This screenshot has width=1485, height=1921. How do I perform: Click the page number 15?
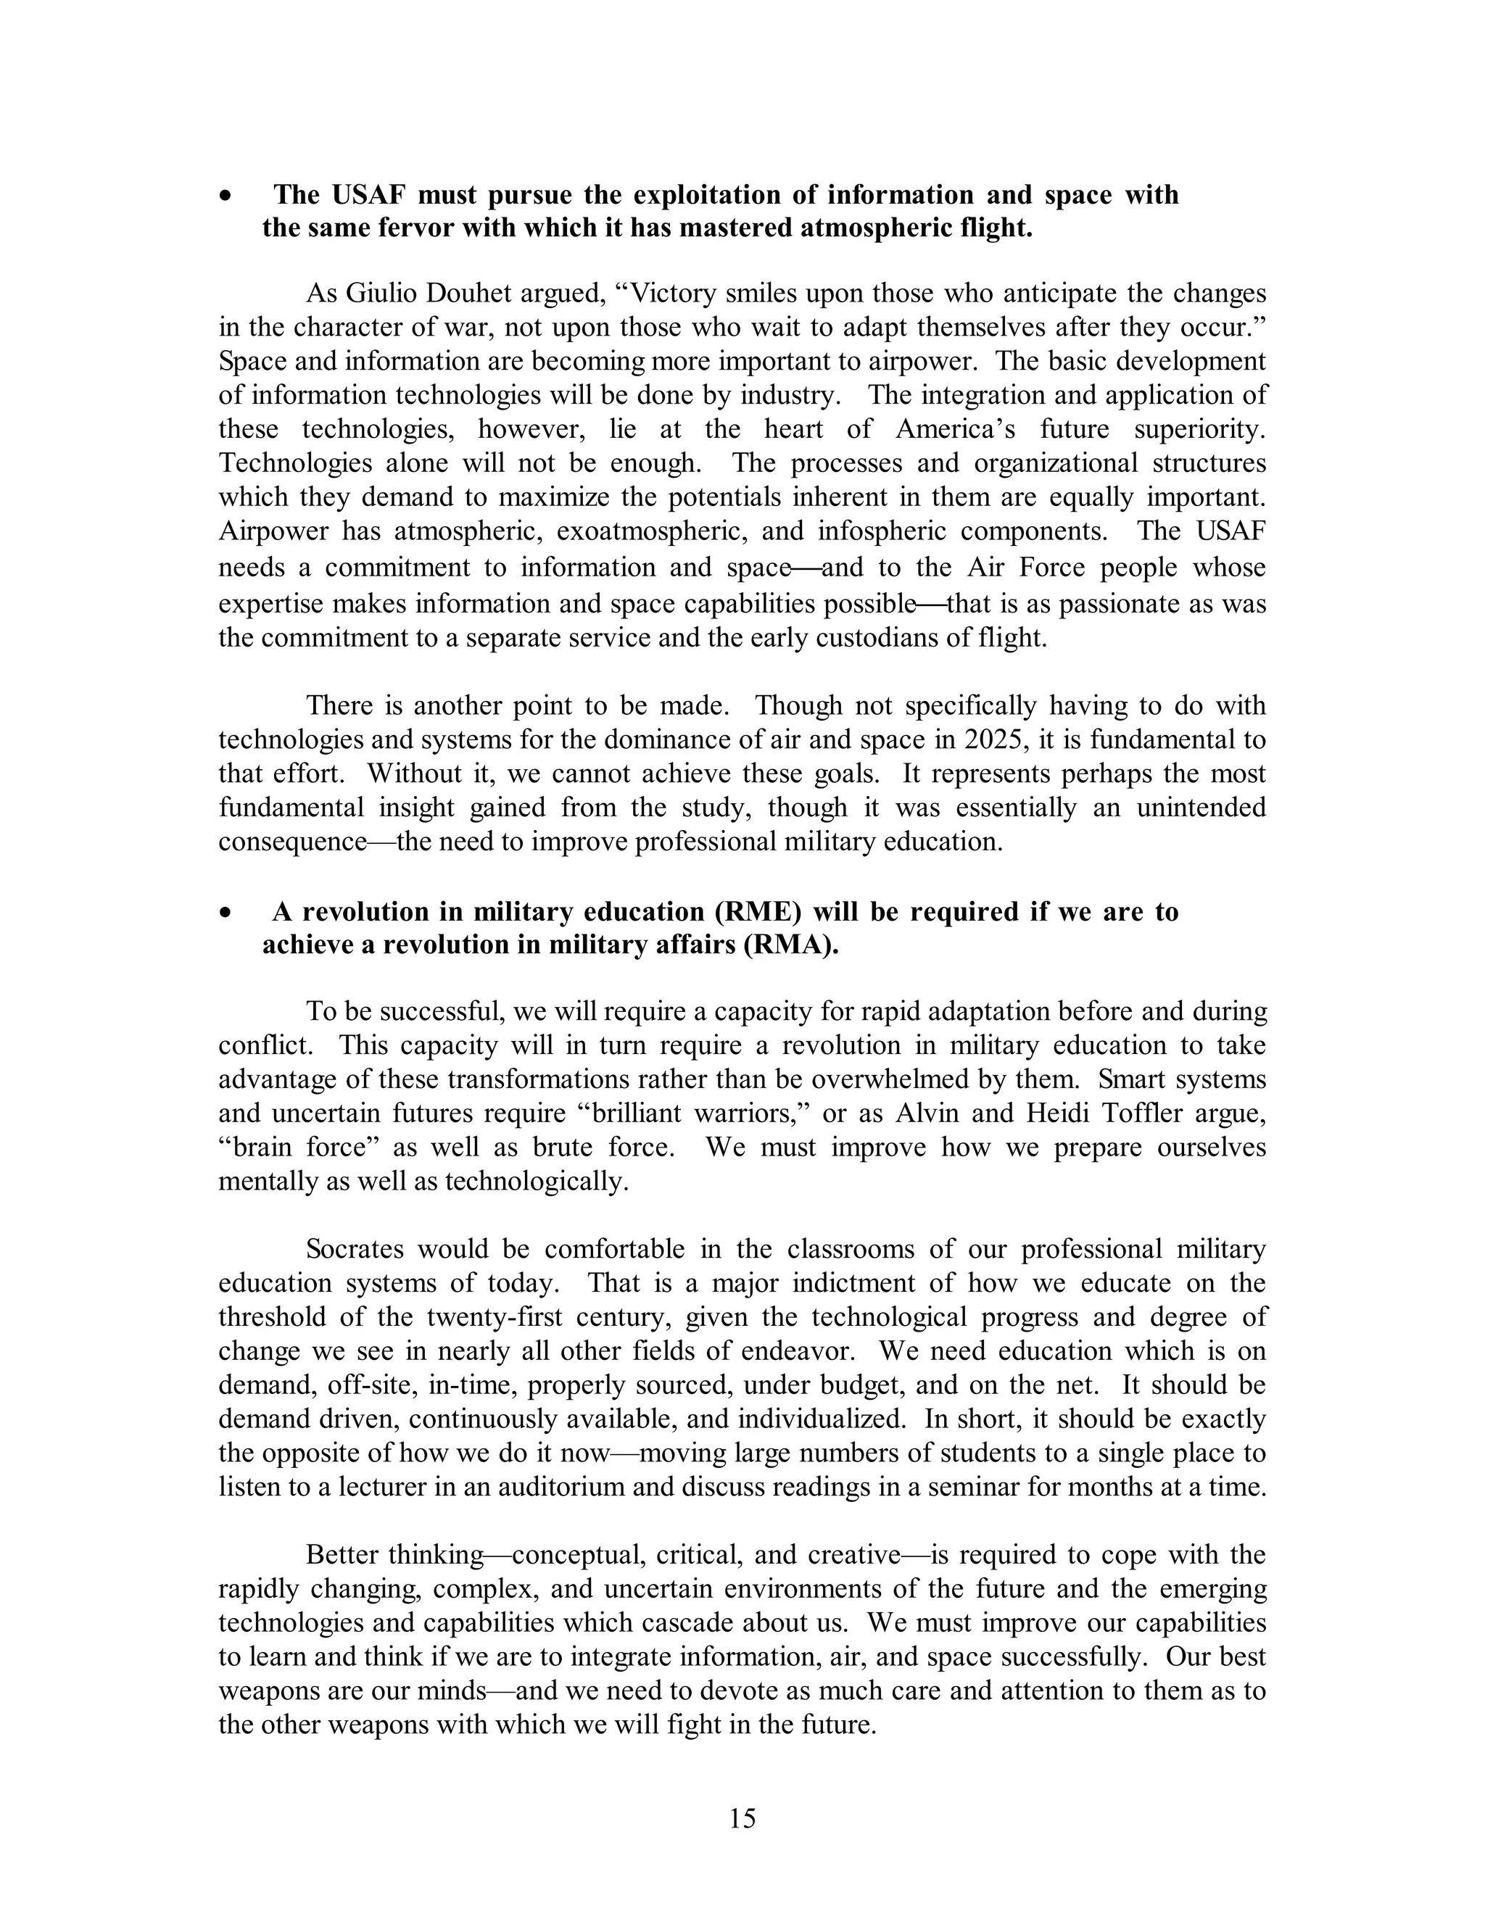[742, 1818]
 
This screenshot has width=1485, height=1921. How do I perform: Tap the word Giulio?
[380, 293]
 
